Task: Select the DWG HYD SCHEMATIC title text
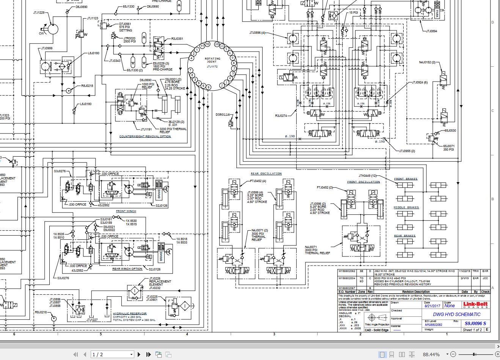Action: coord(456,314)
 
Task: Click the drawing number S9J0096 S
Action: coord(475,324)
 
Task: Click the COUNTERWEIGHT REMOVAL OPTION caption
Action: coord(145,137)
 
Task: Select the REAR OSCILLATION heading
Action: coord(266,174)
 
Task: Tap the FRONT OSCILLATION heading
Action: coord(363,182)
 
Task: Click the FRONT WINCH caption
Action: coord(126,211)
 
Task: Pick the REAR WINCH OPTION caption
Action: coord(127,269)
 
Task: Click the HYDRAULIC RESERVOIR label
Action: coord(130,314)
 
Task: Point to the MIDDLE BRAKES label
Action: coord(406,208)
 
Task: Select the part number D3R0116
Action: coord(223,115)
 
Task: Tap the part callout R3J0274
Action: coord(281,116)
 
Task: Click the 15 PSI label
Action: coord(353,13)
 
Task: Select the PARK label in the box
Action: coord(437,14)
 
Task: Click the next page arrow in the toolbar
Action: coord(139,354)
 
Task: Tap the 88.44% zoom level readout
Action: coord(431,354)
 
